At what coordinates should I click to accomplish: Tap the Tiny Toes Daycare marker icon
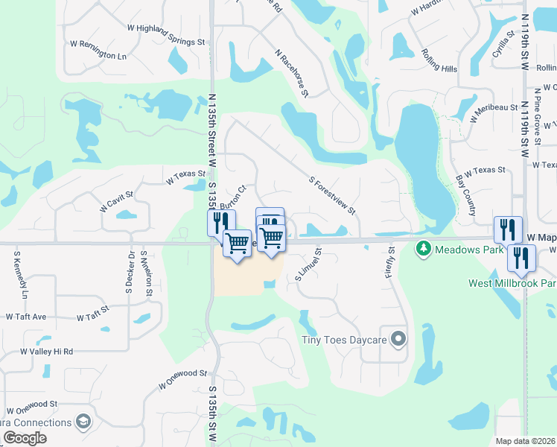tap(398, 340)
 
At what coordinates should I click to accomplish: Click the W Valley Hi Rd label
tap(46, 351)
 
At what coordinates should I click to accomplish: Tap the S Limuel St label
tap(307, 264)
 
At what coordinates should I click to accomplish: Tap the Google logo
tap(25, 438)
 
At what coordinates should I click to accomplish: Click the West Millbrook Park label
tap(512, 283)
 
